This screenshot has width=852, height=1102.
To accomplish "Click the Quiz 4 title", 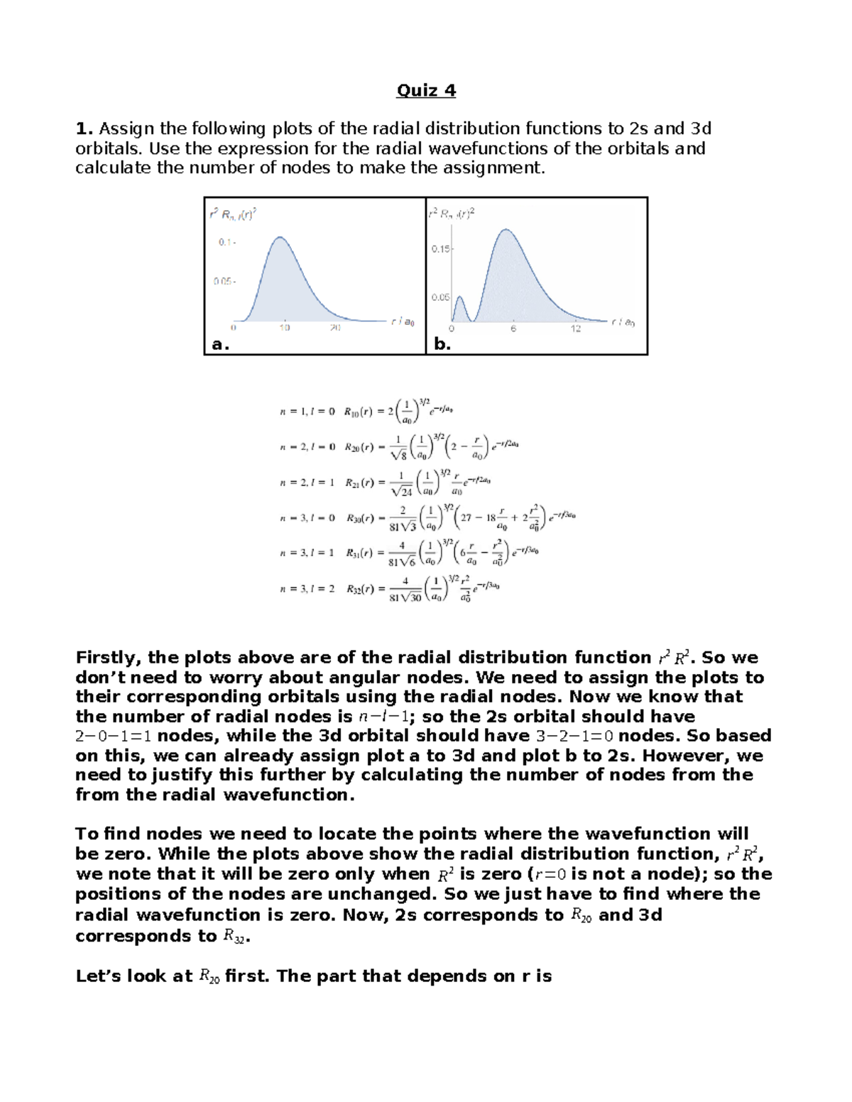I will pos(425,90).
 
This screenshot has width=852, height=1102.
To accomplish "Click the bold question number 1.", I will pos(84,128).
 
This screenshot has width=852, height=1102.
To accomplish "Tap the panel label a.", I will pos(221,344).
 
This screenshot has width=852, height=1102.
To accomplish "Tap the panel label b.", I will pos(442,344).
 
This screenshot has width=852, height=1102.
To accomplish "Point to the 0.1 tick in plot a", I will pos(226,242).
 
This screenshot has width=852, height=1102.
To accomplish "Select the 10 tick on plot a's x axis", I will pos(284,329).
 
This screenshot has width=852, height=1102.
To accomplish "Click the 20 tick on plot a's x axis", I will pos(334,329).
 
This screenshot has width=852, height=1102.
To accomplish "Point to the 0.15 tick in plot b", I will pos(441,249).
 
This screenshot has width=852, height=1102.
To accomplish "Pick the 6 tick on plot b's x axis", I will pos(513,329).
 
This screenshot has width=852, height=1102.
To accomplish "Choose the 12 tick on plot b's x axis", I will pos(575,329).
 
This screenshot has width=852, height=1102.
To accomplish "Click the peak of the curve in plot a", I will pos(281,238).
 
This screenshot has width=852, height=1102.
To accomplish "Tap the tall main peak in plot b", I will pos(506,230).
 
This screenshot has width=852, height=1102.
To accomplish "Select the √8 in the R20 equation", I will pos(399,456).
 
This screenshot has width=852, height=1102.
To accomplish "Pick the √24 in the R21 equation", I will pos(401,491).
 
